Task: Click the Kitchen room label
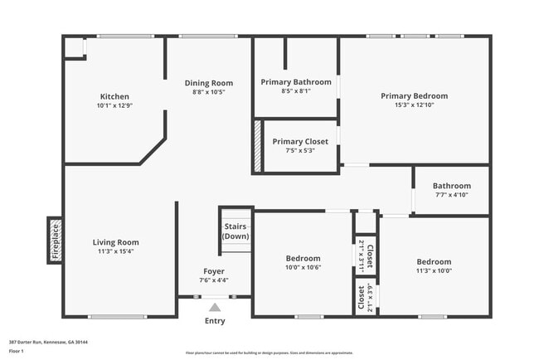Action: tap(114, 96)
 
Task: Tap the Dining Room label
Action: tap(208, 83)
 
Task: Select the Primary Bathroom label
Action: tap(296, 82)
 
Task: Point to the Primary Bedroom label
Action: tap(414, 96)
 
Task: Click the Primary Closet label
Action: tap(300, 142)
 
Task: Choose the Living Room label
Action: tap(115, 242)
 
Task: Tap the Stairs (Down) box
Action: tap(236, 231)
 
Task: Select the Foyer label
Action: tap(214, 271)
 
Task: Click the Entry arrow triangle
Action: tap(215, 307)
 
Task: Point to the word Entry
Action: tap(215, 321)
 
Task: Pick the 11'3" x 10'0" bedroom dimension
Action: tap(434, 271)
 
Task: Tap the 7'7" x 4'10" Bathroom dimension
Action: tap(452, 195)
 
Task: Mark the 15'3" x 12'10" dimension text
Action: tap(414, 105)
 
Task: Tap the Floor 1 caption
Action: tap(17, 351)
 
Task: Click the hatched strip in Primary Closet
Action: tap(258, 147)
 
